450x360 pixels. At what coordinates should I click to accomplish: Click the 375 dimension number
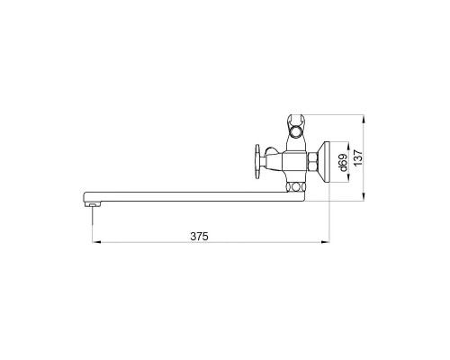pyautogui.click(x=199, y=237)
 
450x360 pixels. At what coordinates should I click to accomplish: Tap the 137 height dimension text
pyautogui.click(x=358, y=157)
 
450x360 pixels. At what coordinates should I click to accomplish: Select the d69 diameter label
pyautogui.click(x=343, y=162)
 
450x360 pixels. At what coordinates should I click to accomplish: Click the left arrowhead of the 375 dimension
pyautogui.click(x=96, y=241)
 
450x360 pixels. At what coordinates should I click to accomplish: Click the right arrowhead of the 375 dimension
pyautogui.click(x=325, y=241)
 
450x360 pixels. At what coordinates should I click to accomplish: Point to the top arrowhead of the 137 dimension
pyautogui.click(x=364, y=119)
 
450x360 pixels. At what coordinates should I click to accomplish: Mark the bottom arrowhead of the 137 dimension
pyautogui.click(x=364, y=197)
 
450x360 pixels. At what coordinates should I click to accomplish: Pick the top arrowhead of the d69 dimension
pyautogui.click(x=348, y=147)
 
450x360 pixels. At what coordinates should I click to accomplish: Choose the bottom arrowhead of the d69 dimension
pyautogui.click(x=348, y=177)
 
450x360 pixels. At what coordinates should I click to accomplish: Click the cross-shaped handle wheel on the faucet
pyautogui.click(x=257, y=161)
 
